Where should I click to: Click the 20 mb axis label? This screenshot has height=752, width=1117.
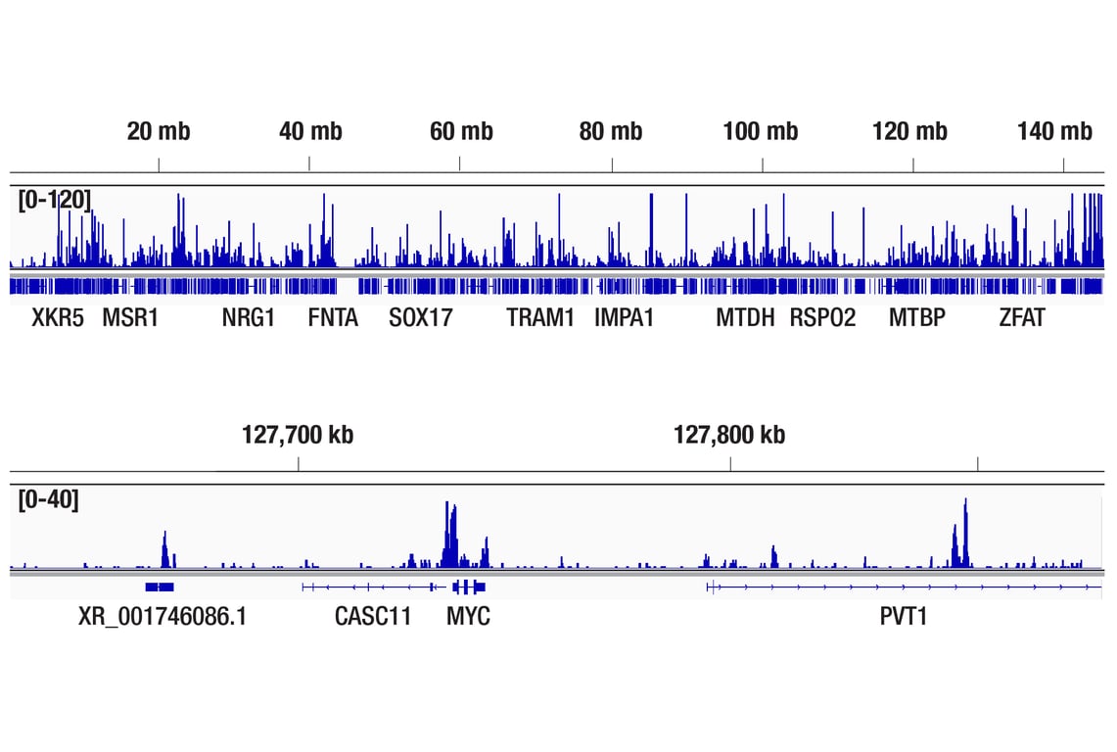click(159, 131)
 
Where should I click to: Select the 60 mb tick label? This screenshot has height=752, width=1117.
click(461, 131)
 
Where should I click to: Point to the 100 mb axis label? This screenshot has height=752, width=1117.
click(761, 131)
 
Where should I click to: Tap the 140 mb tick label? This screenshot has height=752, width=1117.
click(1054, 131)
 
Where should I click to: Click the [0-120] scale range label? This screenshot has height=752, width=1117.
click(55, 200)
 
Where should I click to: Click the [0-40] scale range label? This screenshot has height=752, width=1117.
click(49, 499)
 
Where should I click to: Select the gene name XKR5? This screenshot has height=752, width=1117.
click(58, 318)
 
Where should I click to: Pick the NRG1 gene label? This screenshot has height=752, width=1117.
click(249, 318)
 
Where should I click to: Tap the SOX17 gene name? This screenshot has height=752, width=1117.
click(421, 318)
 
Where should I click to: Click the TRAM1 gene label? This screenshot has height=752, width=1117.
click(540, 318)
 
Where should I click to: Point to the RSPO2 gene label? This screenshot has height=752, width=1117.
click(822, 318)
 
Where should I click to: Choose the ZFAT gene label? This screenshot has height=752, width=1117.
click(1022, 318)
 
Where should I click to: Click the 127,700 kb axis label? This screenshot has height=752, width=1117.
click(298, 435)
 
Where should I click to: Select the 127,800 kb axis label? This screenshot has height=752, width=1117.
click(729, 435)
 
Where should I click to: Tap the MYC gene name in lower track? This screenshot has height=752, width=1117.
click(468, 617)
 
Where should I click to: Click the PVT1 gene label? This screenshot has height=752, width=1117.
click(903, 617)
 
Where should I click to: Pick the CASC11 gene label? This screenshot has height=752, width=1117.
click(373, 617)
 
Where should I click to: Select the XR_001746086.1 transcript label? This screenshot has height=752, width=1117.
click(163, 617)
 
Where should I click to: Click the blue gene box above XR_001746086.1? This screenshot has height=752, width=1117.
click(160, 587)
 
